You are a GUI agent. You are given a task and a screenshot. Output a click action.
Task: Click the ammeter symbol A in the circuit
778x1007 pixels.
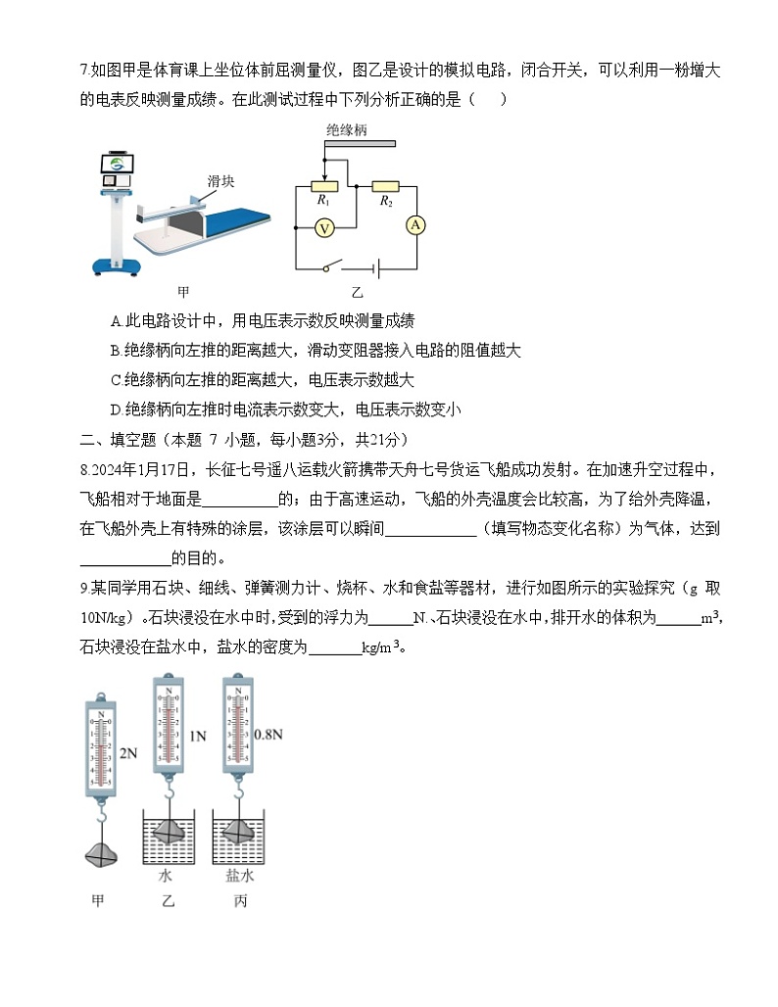click(415, 225)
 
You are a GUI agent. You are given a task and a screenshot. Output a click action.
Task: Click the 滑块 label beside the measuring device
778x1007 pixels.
click(220, 181)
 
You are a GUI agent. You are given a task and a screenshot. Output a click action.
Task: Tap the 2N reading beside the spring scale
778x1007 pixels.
click(128, 753)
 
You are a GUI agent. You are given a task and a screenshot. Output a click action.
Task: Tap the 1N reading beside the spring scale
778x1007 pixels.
click(197, 736)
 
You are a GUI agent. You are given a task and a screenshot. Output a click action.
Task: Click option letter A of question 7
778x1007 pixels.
click(117, 320)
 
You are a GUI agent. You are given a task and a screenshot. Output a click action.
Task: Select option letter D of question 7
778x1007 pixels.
click(117, 409)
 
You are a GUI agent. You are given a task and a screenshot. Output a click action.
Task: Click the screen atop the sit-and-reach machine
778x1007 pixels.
click(118, 166)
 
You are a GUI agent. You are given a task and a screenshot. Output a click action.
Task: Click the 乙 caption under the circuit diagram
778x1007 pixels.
click(357, 292)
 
